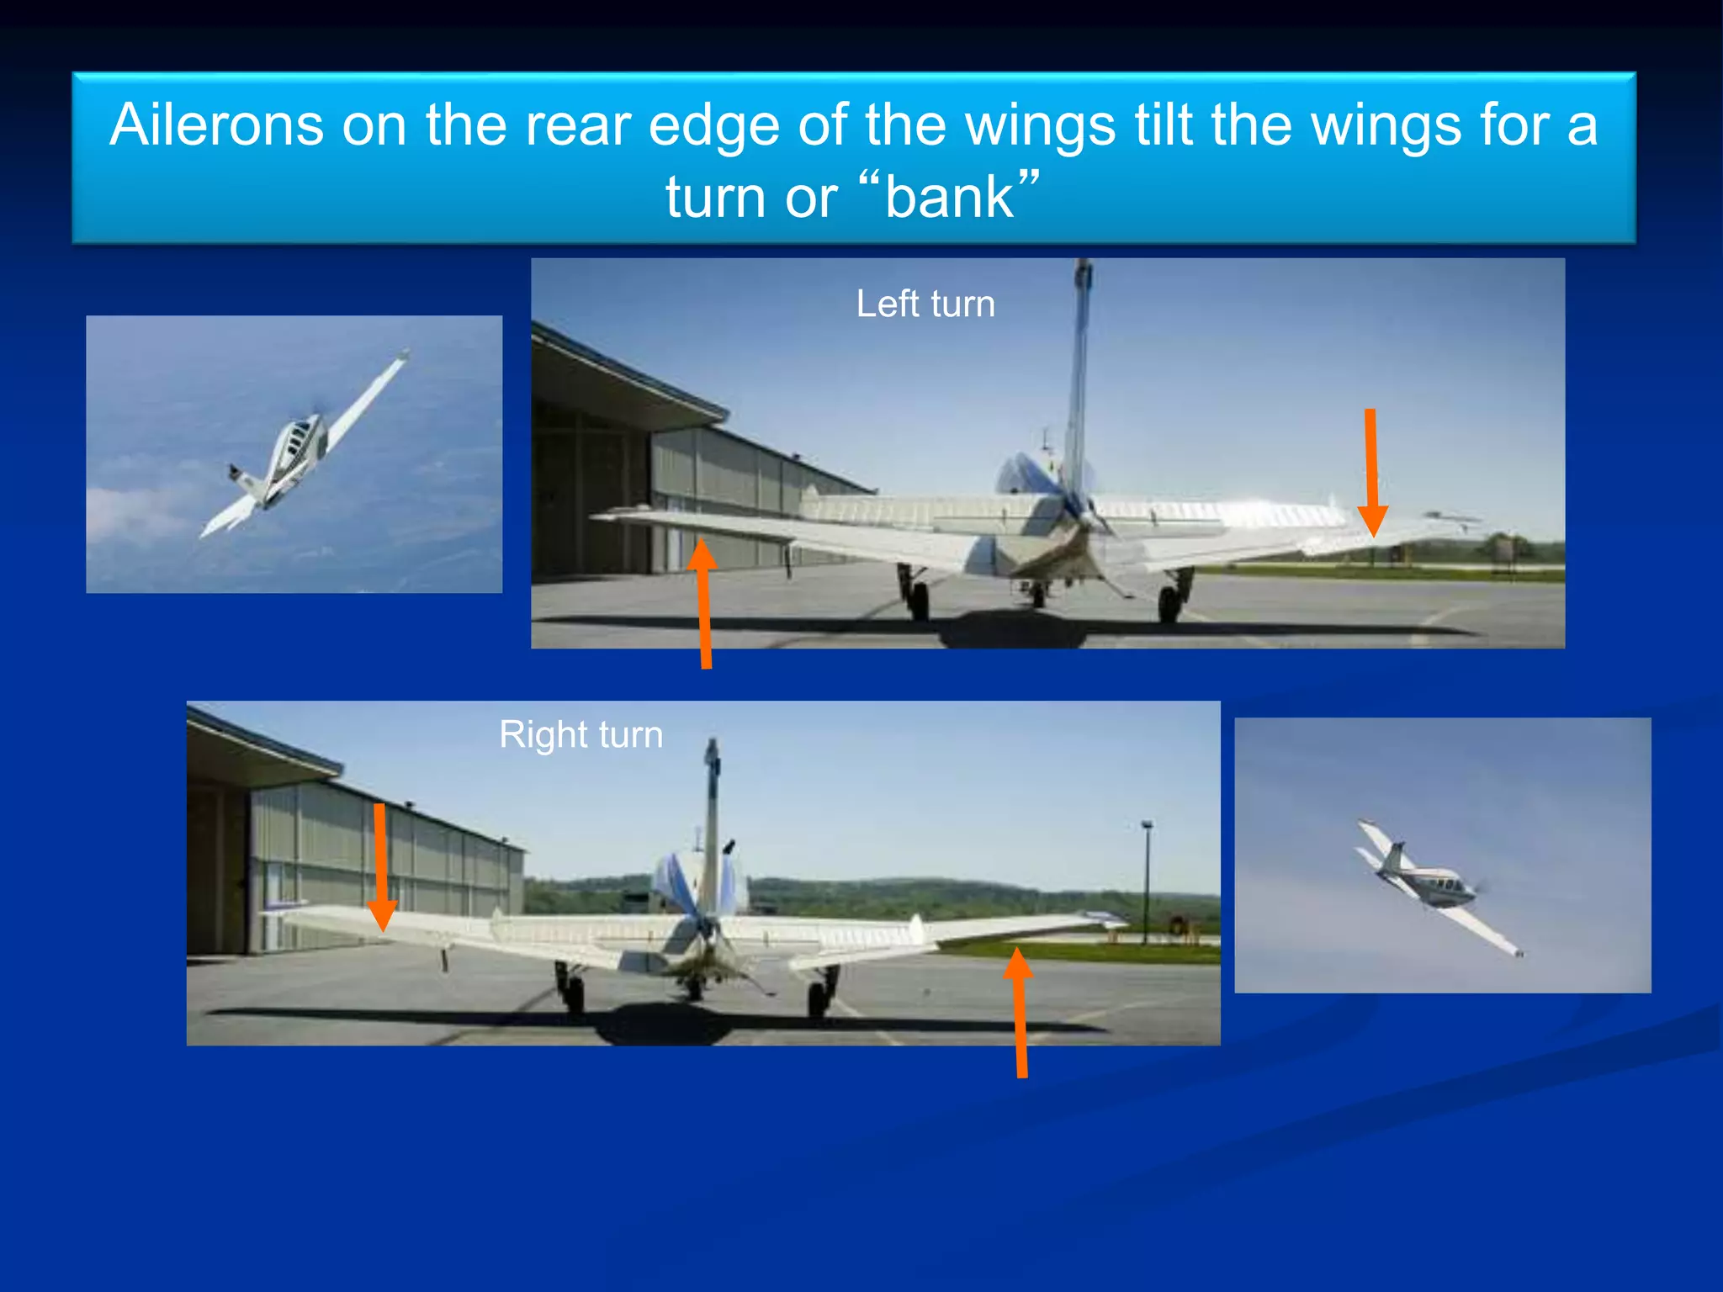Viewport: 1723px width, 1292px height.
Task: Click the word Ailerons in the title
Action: coord(216,125)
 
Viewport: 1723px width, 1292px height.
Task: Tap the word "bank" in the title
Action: coord(950,197)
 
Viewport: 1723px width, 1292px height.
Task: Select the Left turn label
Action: coord(925,304)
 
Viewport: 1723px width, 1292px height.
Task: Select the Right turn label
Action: coord(581,734)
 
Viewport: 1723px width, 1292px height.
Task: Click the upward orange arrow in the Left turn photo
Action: coord(704,601)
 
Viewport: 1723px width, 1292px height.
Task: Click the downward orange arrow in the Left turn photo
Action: coord(1371,471)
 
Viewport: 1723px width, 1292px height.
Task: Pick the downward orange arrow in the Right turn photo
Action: coord(381,866)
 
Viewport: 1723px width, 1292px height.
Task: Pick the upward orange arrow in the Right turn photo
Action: coord(1020,1014)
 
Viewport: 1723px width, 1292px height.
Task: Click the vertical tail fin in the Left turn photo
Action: coord(1079,379)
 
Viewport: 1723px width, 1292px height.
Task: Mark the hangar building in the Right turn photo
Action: coord(337,858)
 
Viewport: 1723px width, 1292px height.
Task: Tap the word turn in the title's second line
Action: coord(716,197)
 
